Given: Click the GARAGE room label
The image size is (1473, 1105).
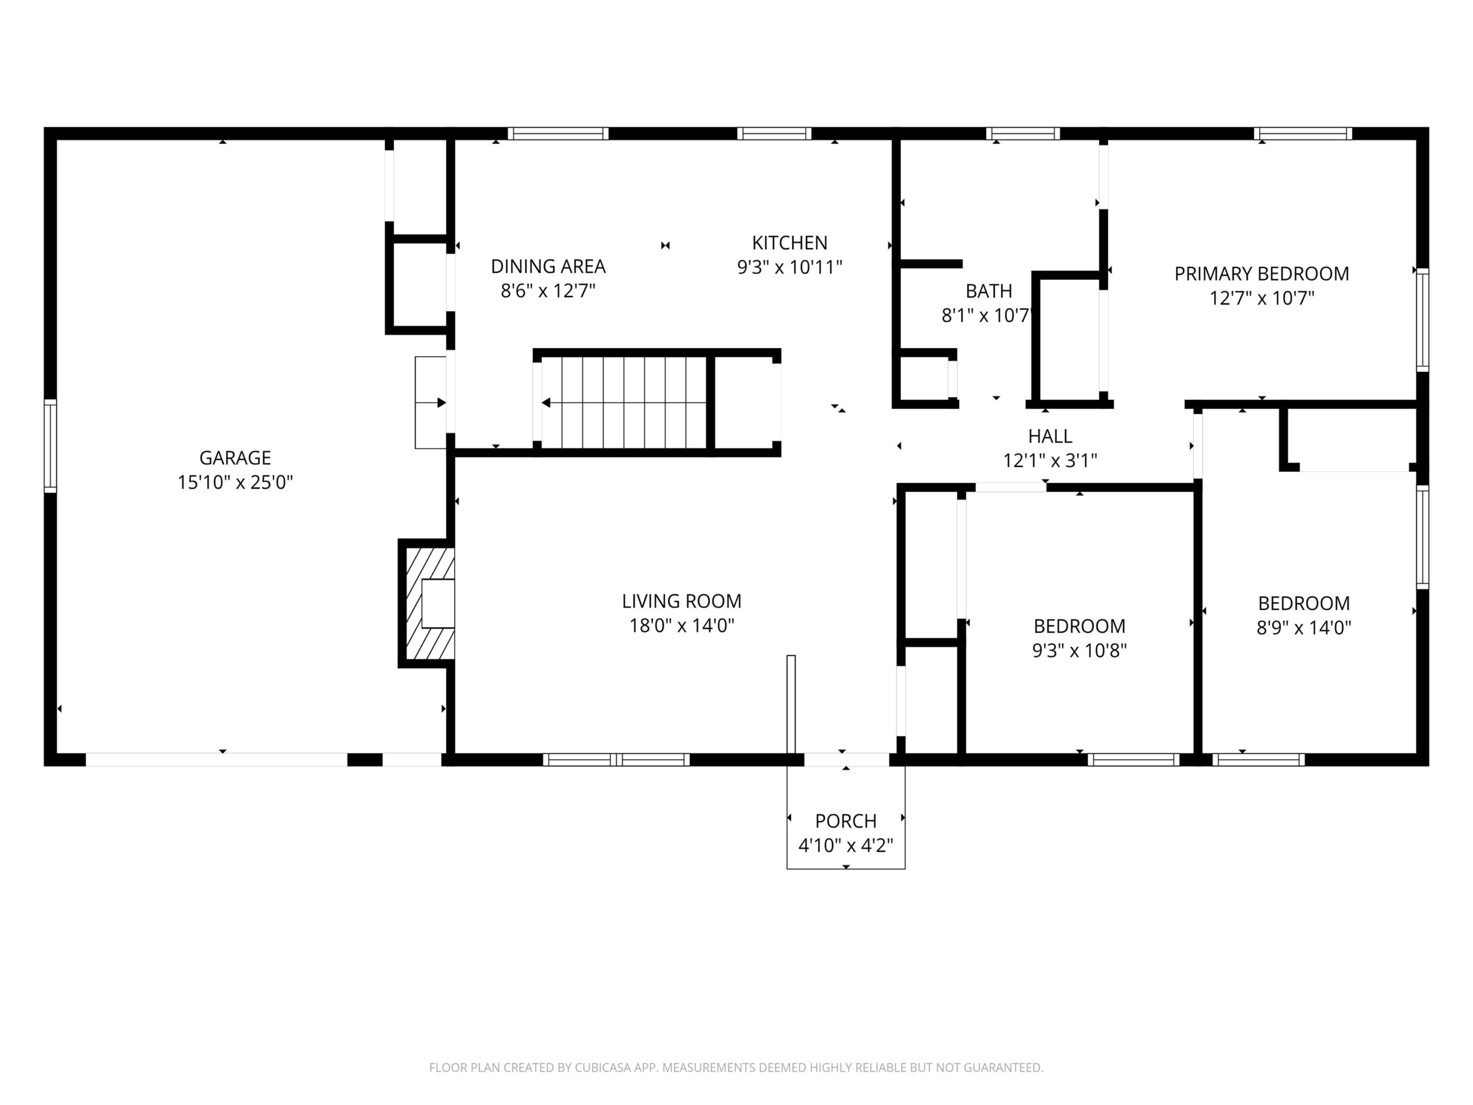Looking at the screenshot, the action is pyautogui.click(x=235, y=458).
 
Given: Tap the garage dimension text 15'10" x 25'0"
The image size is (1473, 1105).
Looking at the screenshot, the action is pyautogui.click(x=235, y=482).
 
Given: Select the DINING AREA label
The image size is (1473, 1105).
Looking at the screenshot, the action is pyautogui.click(x=548, y=266).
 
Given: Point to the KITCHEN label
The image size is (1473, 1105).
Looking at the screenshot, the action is pyautogui.click(x=790, y=242).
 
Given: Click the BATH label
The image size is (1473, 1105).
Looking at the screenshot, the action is pyautogui.click(x=989, y=291).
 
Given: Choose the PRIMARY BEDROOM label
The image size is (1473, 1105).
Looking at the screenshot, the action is pyautogui.click(x=1262, y=274).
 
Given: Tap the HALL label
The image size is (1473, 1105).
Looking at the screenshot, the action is pyautogui.click(x=1050, y=436).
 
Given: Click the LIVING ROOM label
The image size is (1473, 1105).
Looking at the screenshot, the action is pyautogui.click(x=682, y=601).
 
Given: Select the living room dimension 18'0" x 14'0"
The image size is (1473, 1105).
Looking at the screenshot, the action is pyautogui.click(x=682, y=626).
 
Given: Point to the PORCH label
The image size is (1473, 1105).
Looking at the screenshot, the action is pyautogui.click(x=846, y=821).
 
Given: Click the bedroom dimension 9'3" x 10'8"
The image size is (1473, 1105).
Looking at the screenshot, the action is pyautogui.click(x=1079, y=650).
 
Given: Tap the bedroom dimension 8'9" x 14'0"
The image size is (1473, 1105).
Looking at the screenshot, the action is pyautogui.click(x=1304, y=627).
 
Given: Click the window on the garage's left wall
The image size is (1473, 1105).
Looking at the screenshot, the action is pyautogui.click(x=51, y=445).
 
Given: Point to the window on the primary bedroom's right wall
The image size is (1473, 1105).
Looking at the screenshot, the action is pyautogui.click(x=1422, y=320).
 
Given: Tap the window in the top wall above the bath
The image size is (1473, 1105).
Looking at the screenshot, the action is pyautogui.click(x=1023, y=133).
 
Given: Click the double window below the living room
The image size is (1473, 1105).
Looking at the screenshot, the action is pyautogui.click(x=616, y=759).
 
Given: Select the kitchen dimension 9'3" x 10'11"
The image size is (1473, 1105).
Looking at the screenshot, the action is pyautogui.click(x=790, y=267).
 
